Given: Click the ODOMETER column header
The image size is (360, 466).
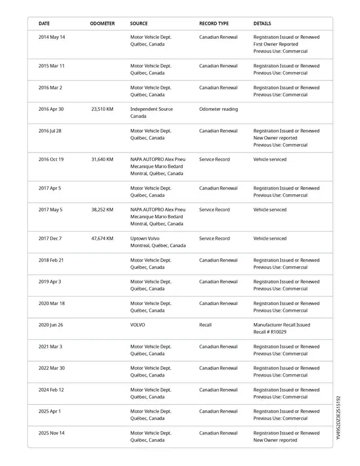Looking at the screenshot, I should pyautogui.click(x=102, y=24).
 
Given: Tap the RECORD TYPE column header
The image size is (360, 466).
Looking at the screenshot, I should pyautogui.click(x=214, y=24).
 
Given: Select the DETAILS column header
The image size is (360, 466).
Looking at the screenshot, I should pyautogui.click(x=262, y=24).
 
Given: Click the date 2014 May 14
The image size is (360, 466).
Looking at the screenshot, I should pyautogui.click(x=52, y=37).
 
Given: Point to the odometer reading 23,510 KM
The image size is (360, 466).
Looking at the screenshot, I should pyautogui.click(x=102, y=109).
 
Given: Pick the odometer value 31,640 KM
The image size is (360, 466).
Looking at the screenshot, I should pyautogui.click(x=102, y=159).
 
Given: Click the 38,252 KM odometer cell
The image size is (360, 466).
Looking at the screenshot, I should pyautogui.click(x=102, y=210).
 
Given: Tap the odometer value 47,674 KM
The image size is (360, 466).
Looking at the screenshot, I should pyautogui.click(x=102, y=239).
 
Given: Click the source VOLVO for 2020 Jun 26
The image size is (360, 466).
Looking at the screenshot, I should pyautogui.click(x=138, y=325).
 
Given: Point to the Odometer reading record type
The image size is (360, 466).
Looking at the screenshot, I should pyautogui.click(x=218, y=109).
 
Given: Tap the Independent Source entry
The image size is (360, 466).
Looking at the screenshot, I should pyautogui.click(x=151, y=109).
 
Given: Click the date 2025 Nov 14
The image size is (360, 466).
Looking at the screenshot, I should pyautogui.click(x=52, y=433).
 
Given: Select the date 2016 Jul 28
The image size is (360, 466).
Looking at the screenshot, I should pyautogui.click(x=50, y=131).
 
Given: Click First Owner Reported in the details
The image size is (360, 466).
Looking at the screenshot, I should pyautogui.click(x=276, y=44).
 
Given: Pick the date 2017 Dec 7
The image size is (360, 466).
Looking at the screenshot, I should pyautogui.click(x=50, y=239).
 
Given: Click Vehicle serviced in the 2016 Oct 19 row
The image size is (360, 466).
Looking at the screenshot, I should pyautogui.click(x=270, y=159).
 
